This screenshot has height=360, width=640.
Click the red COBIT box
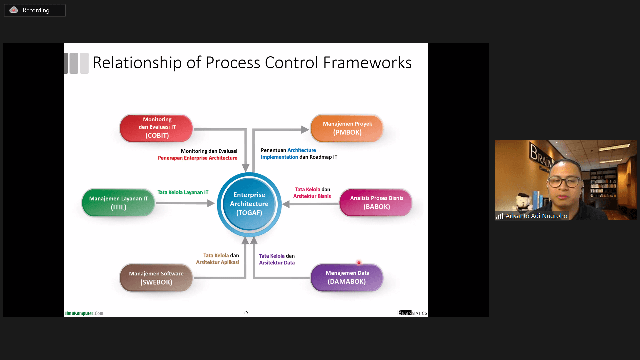(156, 128)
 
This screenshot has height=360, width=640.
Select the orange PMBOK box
(347, 128)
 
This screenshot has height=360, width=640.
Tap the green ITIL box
(118, 203)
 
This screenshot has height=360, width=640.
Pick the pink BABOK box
(376, 203)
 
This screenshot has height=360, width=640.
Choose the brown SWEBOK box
(156, 278)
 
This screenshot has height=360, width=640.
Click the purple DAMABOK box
(347, 278)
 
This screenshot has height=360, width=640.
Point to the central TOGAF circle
(249, 204)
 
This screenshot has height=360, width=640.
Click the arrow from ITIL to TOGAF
(185, 203)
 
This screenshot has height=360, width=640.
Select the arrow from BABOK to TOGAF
(310, 204)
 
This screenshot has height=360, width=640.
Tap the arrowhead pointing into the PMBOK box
(305, 130)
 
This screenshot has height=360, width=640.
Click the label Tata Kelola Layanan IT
(183, 192)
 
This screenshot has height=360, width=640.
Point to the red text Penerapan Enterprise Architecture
(197, 158)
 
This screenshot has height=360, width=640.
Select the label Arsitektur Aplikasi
(217, 262)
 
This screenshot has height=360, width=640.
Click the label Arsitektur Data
(277, 263)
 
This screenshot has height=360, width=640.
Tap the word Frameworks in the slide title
(367, 63)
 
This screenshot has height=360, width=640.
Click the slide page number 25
(246, 313)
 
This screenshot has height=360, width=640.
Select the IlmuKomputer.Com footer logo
(84, 313)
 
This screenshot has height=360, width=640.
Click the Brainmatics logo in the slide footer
(412, 313)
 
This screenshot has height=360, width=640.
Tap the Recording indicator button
(35, 10)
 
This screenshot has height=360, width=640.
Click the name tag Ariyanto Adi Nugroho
(536, 216)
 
